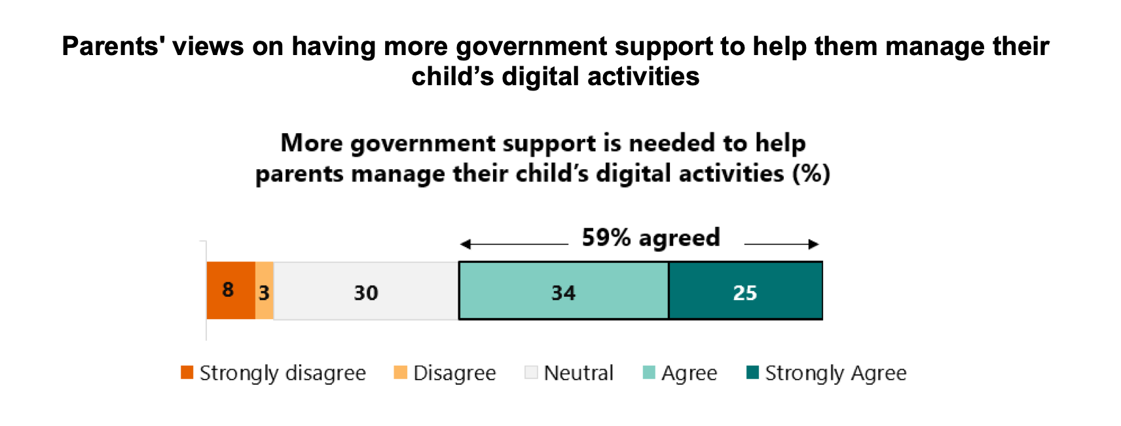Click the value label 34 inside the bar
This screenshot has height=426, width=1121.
tap(563, 292)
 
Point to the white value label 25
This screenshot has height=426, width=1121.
tap(744, 292)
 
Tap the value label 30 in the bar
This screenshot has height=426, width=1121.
tap(366, 292)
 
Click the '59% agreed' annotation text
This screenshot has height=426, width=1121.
tap(651, 237)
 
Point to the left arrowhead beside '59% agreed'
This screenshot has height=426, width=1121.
tap(465, 244)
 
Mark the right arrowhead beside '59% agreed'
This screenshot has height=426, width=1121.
tap(814, 244)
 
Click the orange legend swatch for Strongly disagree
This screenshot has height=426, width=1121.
tap(187, 372)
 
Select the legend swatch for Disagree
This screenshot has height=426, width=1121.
tap(400, 372)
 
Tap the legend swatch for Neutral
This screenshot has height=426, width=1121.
tap(531, 372)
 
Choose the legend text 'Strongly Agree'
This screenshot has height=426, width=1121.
tap(836, 373)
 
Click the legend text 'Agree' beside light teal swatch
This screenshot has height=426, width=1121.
tap(689, 373)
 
